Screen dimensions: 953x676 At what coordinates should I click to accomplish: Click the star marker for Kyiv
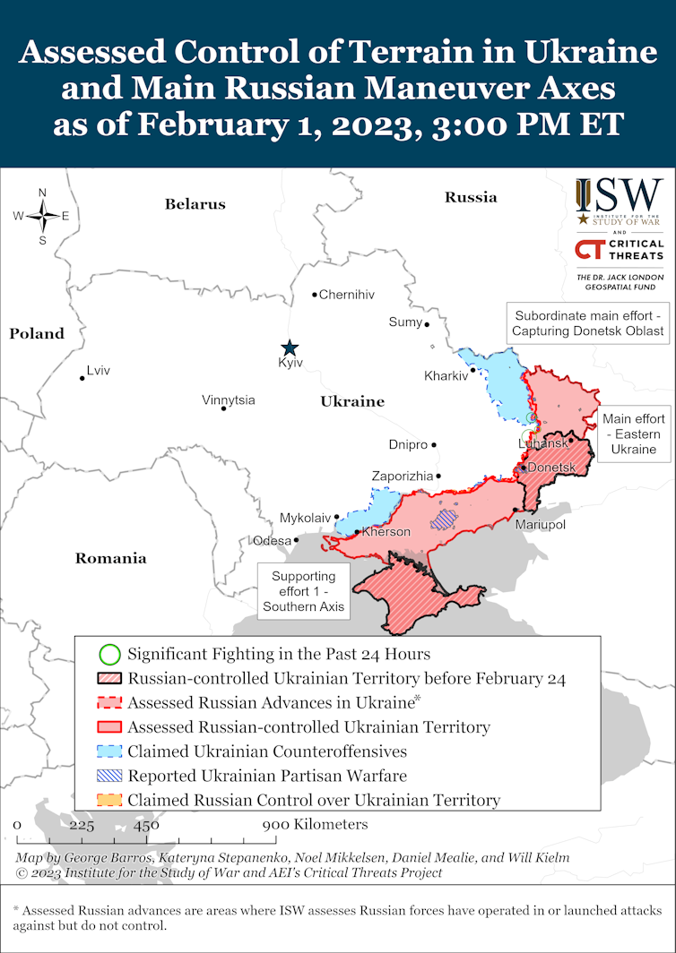[289, 348]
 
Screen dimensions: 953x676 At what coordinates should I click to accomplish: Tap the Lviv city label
[98, 370]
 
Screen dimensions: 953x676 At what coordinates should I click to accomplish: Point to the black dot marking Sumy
[427, 324]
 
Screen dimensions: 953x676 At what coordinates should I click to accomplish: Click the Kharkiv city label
[446, 376]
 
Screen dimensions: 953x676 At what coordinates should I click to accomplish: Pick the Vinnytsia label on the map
[228, 399]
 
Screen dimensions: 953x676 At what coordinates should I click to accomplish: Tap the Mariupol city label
[540, 524]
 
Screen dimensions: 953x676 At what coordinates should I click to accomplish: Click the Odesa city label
[272, 540]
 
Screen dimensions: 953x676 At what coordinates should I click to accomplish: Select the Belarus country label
[195, 204]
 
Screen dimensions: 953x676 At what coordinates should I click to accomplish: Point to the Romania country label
[110, 558]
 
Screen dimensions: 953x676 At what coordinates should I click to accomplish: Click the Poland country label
[37, 333]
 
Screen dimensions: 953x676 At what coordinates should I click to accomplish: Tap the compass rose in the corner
[42, 216]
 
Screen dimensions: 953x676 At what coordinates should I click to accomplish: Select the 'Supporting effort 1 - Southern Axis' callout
[303, 591]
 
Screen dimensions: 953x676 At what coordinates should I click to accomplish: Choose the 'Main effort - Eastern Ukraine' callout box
[633, 434]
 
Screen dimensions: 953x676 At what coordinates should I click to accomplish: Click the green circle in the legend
[109, 654]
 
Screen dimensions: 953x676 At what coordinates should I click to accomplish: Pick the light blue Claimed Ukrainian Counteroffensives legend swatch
[109, 751]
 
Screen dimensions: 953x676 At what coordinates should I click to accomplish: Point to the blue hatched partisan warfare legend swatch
[109, 776]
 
